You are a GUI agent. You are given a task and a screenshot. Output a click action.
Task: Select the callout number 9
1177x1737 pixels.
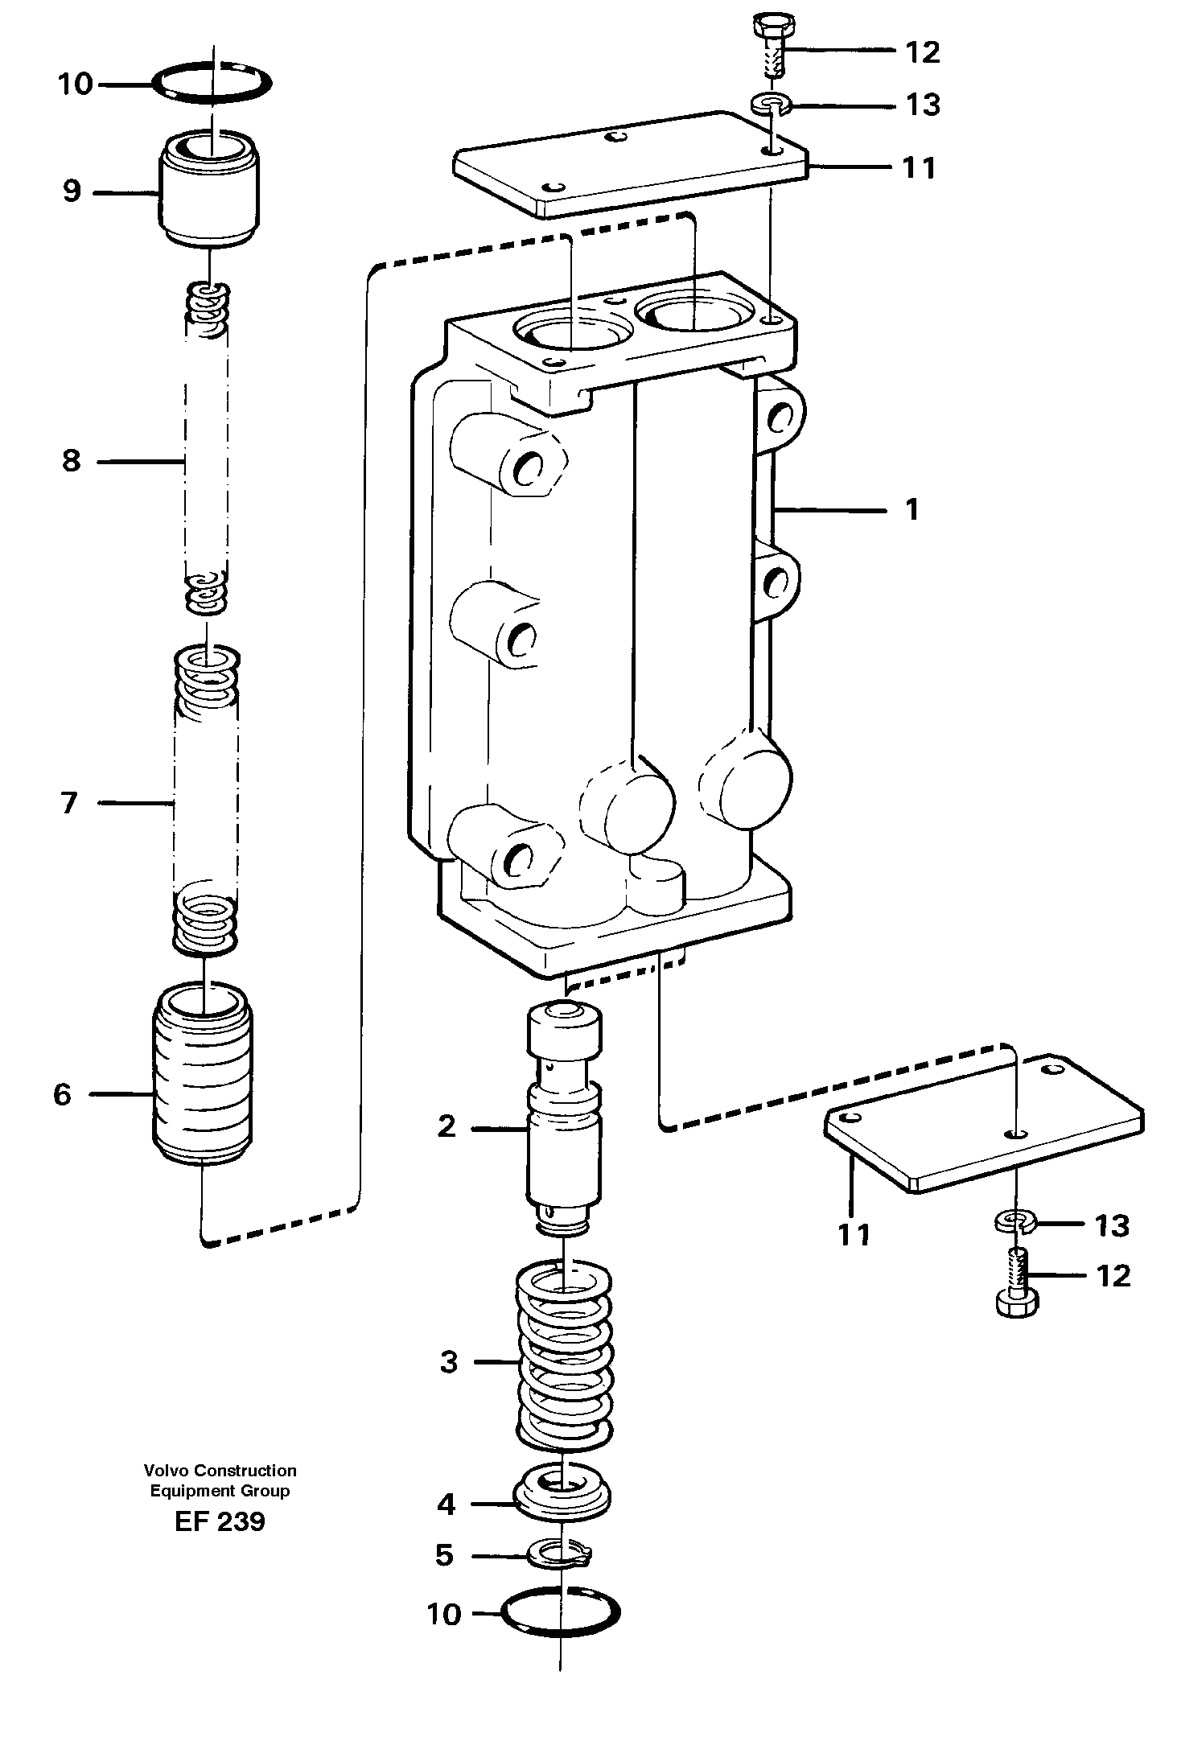tap(72, 191)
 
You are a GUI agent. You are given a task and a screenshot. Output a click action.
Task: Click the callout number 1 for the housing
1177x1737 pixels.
tap(911, 510)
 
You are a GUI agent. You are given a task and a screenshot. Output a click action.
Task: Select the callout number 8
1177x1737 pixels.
tap(71, 461)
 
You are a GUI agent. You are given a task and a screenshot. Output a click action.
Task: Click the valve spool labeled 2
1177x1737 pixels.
tap(564, 1122)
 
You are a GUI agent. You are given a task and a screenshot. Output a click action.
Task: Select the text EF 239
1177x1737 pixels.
tap(219, 1522)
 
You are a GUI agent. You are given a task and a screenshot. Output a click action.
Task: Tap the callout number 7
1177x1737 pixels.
tap(69, 802)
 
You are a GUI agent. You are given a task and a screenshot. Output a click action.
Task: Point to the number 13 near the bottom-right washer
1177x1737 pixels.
tap(1112, 1225)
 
